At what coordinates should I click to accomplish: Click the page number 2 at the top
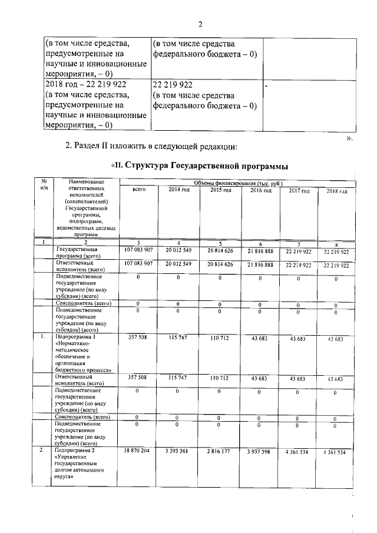click(200, 24)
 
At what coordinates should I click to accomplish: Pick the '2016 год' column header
click(260, 190)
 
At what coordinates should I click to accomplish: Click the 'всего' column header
click(139, 190)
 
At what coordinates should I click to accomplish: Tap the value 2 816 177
click(219, 451)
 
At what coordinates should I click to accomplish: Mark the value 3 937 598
click(260, 452)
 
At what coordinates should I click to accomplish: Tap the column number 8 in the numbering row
click(336, 243)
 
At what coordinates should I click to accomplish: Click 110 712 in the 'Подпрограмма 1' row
click(219, 337)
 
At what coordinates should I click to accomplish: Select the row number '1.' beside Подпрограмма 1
click(43, 337)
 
